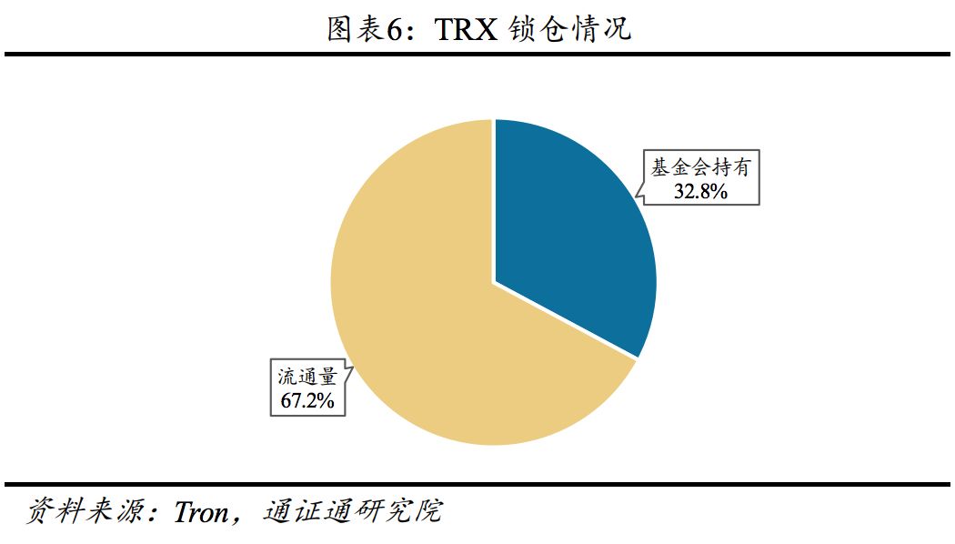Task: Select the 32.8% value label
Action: coord(699,191)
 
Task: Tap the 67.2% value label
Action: coord(307,398)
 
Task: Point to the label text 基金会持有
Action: coord(699,168)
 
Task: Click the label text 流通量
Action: coord(307,376)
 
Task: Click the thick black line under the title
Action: coord(477,55)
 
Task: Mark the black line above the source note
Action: coord(477,483)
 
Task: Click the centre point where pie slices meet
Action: coord(494,282)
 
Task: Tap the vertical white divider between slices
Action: coord(494,200)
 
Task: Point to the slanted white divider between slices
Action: coord(566,320)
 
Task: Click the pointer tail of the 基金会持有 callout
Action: coord(638,191)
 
